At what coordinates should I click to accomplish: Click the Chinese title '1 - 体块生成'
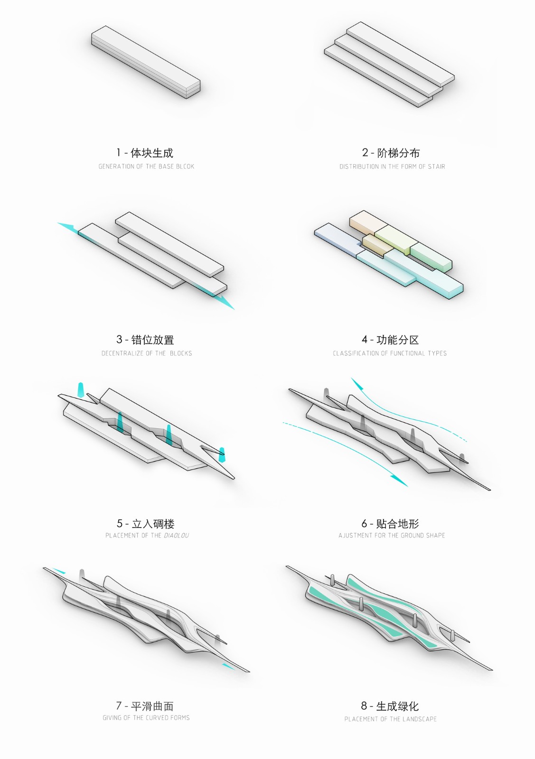click(x=145, y=153)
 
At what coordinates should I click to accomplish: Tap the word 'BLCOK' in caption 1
click(x=185, y=167)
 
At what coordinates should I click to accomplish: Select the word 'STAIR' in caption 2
click(x=436, y=167)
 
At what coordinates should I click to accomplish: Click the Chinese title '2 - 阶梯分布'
click(x=391, y=153)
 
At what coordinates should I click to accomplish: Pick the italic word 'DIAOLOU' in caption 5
click(x=176, y=536)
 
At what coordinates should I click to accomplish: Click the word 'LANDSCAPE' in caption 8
click(x=420, y=719)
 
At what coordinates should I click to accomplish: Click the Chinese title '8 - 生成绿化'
click(x=390, y=706)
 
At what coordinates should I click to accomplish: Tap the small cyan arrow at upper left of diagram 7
click(x=59, y=571)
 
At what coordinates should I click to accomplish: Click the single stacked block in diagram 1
click(x=146, y=62)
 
